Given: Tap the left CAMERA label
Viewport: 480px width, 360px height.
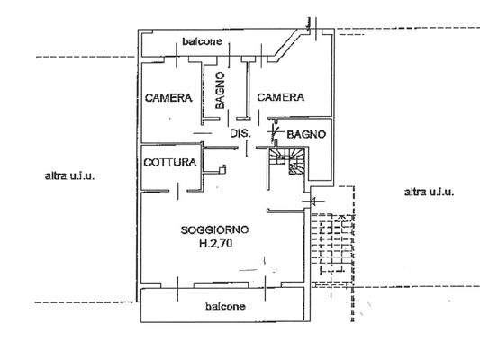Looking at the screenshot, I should click(168, 97).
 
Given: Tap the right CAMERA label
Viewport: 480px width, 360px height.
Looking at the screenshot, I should click(279, 97).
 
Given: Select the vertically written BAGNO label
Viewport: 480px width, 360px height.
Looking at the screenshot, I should click(221, 92).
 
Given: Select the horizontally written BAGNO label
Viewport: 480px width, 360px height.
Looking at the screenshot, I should click(305, 135).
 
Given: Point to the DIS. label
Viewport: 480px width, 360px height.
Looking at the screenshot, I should click(240, 134).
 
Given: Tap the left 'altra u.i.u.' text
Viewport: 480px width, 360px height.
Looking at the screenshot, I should click(69, 176).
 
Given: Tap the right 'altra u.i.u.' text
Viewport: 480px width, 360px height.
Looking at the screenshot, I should click(429, 192).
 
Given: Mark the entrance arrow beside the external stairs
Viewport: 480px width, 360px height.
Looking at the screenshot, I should click(312, 202).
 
